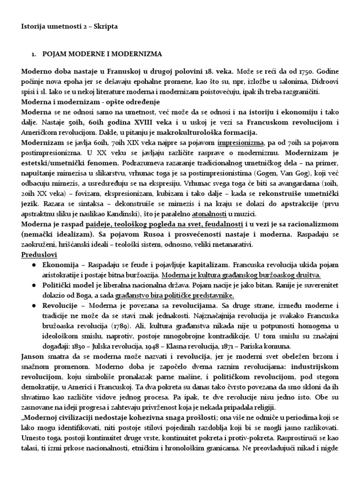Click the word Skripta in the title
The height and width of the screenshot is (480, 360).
pos(106,27)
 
